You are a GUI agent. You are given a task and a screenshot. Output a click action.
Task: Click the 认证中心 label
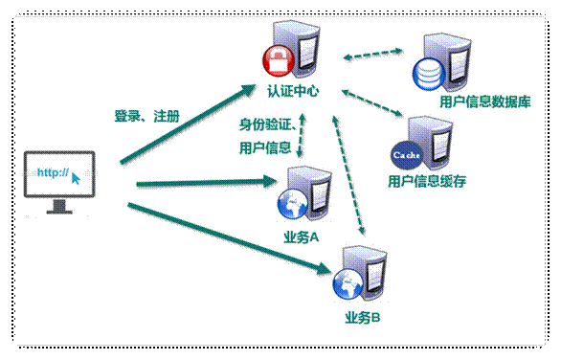pos(293,92)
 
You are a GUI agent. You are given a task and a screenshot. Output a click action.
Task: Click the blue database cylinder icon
pos(424,71)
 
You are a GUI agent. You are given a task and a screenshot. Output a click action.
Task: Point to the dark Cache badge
pos(402,153)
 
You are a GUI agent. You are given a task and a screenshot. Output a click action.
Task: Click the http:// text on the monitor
pos(52,172)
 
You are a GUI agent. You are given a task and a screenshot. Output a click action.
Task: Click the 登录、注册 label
pos(146,117)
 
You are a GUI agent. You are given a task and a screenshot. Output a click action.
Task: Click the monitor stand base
pos(59,211)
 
